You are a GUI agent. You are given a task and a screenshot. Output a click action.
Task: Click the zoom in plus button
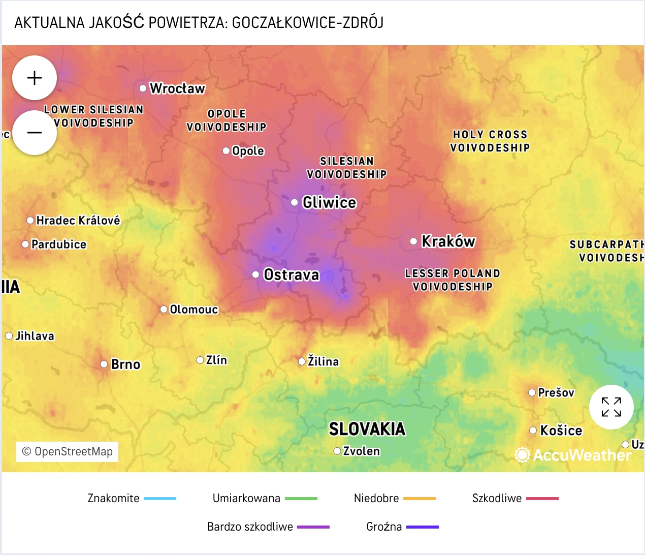(x=35, y=78)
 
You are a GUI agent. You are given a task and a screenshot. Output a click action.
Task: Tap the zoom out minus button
(x=35, y=133)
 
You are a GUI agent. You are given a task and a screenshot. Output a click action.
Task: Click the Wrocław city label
(x=177, y=88)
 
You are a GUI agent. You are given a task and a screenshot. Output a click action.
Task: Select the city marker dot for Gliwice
(x=295, y=202)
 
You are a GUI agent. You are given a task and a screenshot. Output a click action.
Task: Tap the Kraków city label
(x=448, y=241)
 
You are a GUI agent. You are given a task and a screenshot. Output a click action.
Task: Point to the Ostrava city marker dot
(x=256, y=274)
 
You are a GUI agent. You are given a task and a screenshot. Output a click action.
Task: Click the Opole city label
(x=248, y=151)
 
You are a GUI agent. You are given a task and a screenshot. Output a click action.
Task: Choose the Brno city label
(x=125, y=364)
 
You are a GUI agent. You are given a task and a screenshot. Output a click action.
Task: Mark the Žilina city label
(x=323, y=361)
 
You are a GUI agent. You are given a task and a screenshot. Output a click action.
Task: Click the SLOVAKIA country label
(x=367, y=429)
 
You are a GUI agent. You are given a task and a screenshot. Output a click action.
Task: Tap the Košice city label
(x=561, y=430)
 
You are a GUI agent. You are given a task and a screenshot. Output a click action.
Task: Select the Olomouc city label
(x=193, y=310)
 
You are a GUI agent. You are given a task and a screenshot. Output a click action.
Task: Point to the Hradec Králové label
(x=78, y=221)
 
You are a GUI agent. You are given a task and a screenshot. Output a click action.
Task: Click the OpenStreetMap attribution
(x=68, y=451)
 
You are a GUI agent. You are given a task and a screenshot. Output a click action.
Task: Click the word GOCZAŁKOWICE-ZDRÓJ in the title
(x=307, y=23)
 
